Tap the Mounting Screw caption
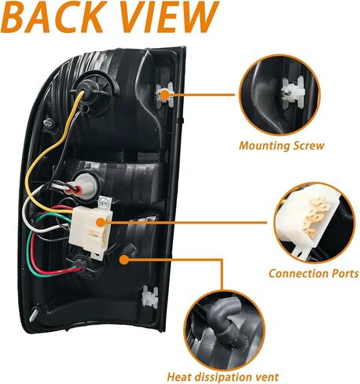tap(281, 146)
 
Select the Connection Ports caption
tap(314, 274)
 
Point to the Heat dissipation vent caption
tap(222, 377)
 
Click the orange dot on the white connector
tap(101, 223)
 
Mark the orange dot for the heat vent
tap(124, 260)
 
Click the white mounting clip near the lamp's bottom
tap(150, 296)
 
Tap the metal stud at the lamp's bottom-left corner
tap(34, 314)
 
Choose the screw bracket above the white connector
tap(105, 203)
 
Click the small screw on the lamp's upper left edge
tap(50, 122)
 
